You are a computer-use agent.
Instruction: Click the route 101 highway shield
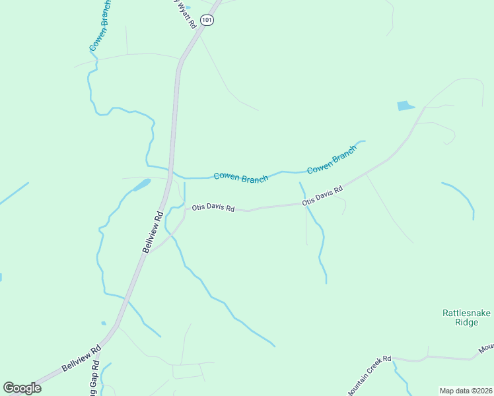(x=208, y=20)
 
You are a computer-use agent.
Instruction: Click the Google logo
(x=22, y=387)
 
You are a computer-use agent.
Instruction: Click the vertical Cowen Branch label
(x=100, y=26)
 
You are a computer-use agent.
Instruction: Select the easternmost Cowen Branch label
(x=332, y=159)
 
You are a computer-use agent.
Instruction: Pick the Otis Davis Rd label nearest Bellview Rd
(x=213, y=208)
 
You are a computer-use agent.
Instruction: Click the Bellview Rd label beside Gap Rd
(x=81, y=357)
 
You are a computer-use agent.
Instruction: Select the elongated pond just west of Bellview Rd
(x=142, y=185)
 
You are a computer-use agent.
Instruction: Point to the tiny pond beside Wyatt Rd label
(x=188, y=8)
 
